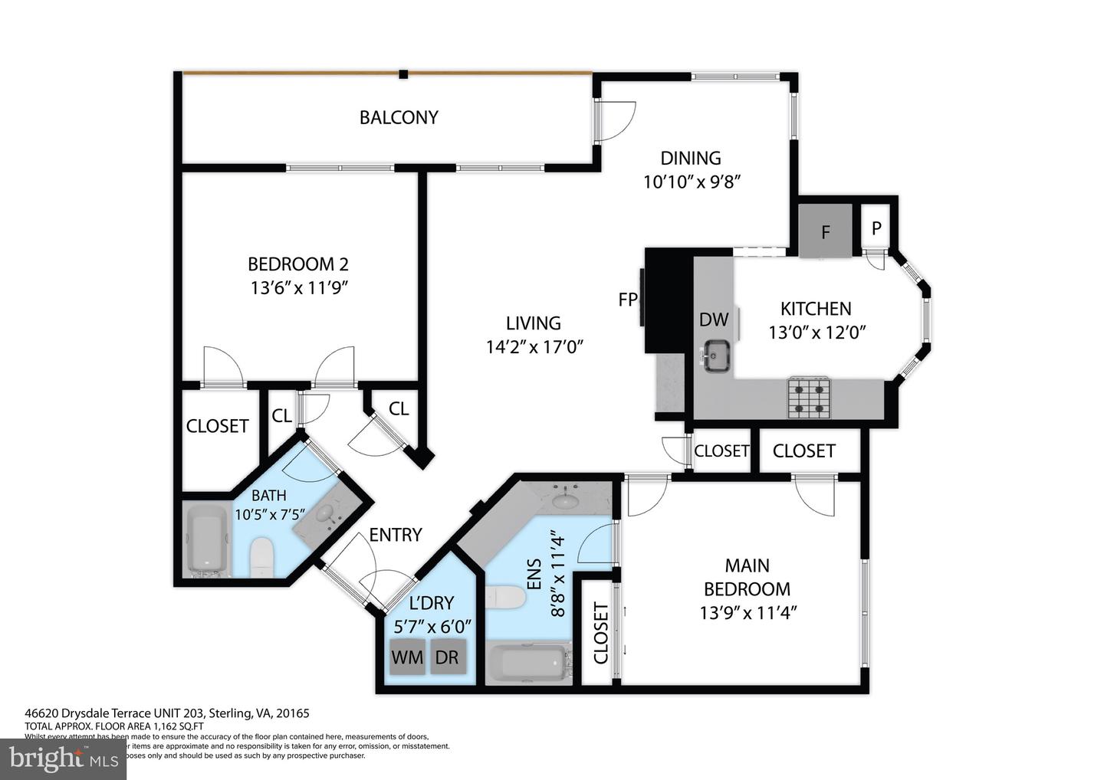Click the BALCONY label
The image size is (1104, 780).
click(x=399, y=117)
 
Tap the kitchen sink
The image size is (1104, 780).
click(x=717, y=356)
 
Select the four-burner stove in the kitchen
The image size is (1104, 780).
click(x=809, y=398)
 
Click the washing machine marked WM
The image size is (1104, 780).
click(x=407, y=657)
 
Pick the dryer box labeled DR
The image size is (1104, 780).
click(x=447, y=657)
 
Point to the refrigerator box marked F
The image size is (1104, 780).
click(x=825, y=231)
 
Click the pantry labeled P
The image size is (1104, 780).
click(x=876, y=228)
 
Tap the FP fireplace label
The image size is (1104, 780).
click(x=627, y=300)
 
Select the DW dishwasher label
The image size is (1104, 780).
click(x=713, y=320)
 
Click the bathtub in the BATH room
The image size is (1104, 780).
click(x=207, y=540)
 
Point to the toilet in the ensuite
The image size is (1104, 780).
click(x=504, y=597)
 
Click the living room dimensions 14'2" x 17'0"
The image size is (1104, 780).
click(x=534, y=346)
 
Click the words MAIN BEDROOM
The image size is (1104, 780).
click(x=747, y=577)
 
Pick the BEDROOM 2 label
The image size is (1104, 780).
click(x=297, y=264)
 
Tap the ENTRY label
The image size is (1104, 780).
click(x=395, y=535)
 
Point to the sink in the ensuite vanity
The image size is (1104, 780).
click(x=567, y=501)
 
